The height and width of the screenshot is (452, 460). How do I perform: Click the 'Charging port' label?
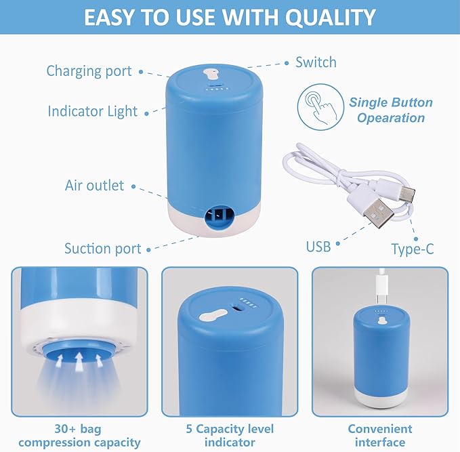point(89,71)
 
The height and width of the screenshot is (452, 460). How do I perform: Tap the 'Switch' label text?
point(316,62)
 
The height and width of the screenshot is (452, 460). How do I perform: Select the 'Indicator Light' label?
point(92,111)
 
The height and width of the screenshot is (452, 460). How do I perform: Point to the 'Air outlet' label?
point(94,185)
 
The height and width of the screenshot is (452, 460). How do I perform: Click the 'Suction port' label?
point(102,248)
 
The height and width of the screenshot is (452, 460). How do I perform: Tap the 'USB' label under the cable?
point(318,247)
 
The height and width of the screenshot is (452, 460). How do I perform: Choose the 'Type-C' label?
point(412,249)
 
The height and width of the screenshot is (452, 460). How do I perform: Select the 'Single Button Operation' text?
point(391,110)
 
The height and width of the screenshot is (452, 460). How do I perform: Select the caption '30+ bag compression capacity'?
point(79,436)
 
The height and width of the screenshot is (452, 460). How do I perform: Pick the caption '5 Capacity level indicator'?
point(230,436)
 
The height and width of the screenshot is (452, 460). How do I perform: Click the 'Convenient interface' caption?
point(379,436)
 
